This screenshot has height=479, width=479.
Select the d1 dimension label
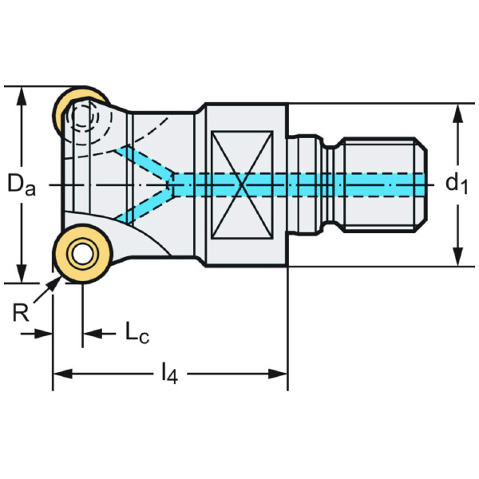click(x=457, y=184)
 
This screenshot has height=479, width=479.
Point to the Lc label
click(x=137, y=334)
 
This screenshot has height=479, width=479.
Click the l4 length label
click(x=168, y=373)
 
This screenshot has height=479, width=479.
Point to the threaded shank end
click(x=382, y=184)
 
